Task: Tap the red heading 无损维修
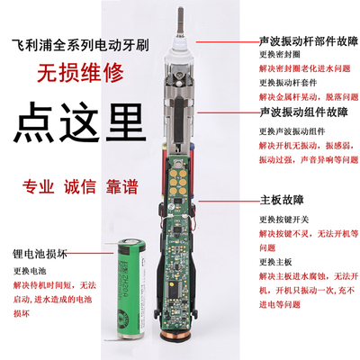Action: point(71,78)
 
